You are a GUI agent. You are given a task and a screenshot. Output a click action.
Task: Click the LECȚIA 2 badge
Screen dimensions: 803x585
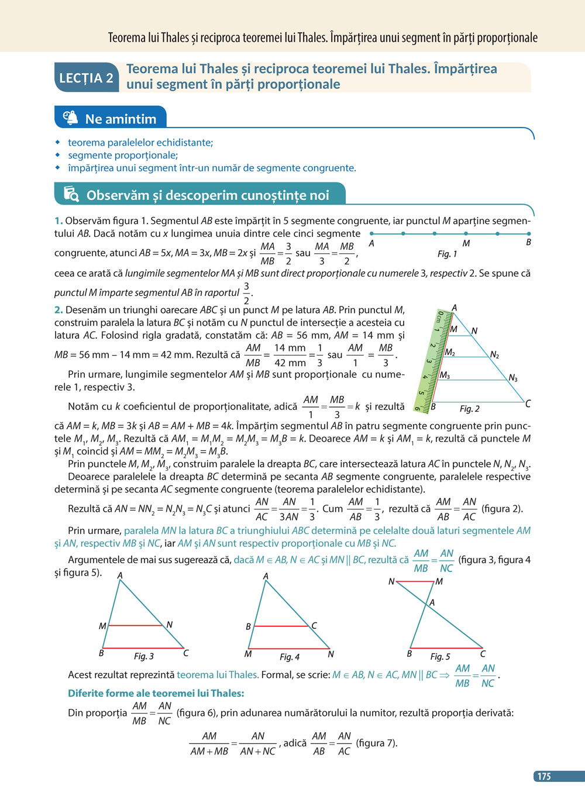87,78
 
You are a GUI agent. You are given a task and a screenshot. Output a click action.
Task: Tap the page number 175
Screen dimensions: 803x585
544,776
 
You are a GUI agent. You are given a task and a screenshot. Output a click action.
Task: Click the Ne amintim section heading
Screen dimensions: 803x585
121,119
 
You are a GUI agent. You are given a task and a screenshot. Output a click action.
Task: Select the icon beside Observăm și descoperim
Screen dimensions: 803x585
71,194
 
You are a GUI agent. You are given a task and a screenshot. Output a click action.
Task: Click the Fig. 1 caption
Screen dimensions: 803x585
447,254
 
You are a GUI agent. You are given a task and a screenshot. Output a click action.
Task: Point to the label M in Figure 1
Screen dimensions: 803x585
466,243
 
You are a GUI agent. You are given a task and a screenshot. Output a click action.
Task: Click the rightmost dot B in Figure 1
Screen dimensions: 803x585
529,233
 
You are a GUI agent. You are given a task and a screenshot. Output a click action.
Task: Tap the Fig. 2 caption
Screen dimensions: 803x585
469,409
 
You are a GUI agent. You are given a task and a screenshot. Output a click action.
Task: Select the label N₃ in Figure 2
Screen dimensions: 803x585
513,378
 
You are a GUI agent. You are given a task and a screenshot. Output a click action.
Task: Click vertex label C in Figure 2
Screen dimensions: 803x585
528,404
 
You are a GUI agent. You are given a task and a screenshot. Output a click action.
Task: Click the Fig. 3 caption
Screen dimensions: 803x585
144,656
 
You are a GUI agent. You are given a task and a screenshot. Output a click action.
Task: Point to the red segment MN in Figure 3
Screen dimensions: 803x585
136,625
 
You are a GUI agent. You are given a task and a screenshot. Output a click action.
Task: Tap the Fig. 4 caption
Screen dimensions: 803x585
290,657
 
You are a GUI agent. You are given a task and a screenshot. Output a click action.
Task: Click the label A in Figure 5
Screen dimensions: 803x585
432,602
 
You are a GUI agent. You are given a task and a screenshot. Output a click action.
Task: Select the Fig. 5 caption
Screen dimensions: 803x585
441,657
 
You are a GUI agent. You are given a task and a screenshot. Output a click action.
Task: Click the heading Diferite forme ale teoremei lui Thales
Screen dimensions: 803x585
156,693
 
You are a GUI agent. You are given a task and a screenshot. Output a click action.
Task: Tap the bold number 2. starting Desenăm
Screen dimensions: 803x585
58,310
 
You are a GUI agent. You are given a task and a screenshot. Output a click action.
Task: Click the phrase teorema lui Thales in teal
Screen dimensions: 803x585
218,674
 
